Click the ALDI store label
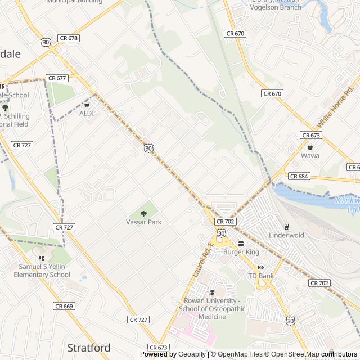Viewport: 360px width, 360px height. coord(87,113)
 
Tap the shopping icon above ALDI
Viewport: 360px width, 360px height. coord(87,104)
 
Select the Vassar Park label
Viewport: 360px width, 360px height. coord(143,222)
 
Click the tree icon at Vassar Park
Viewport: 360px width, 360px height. coord(143,213)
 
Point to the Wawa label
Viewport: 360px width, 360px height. coord(309,155)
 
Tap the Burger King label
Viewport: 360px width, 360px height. coord(241,252)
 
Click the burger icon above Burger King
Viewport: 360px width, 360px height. coord(241,244)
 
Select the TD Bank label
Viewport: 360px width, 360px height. coord(261,276)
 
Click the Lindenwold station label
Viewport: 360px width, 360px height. coord(286,235)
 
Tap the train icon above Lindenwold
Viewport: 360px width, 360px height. coord(286,226)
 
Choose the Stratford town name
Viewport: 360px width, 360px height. coord(89,347)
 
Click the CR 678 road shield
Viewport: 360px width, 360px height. coord(69,38)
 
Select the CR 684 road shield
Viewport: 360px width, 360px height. coord(299,176)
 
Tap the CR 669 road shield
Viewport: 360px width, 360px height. coord(64,306)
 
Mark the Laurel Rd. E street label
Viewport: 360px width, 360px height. coord(202,259)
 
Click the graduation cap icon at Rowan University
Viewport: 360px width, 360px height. coord(212,292)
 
